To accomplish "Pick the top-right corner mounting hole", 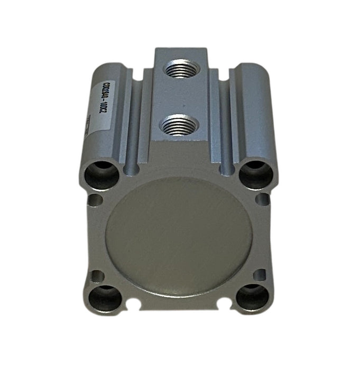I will pyautogui.click(x=256, y=173).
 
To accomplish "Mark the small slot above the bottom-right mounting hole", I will pyautogui.click(x=259, y=274).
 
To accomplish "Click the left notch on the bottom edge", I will pyautogui.click(x=133, y=304).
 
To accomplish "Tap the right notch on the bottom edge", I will pyautogui.click(x=225, y=303).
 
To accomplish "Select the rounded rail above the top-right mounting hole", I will pyautogui.click(x=253, y=111).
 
